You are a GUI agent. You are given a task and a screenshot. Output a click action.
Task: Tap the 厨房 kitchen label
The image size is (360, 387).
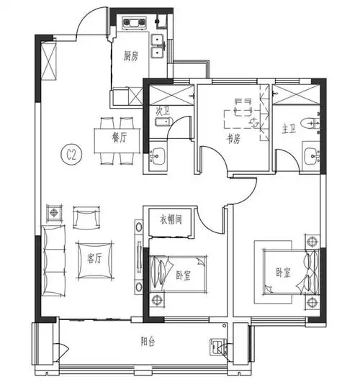point(130,55)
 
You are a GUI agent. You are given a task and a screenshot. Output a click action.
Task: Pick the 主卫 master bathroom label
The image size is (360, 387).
point(288,130)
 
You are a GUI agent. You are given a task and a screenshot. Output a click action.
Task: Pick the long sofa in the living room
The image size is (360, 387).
point(53,259)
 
